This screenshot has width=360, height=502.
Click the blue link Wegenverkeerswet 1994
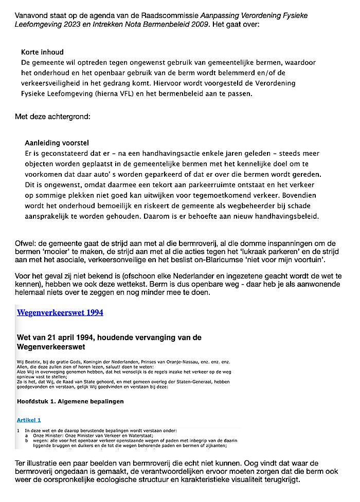[60, 312]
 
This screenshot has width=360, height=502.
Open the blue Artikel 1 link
[29, 420]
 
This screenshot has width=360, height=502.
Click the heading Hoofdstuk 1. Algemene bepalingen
[70, 401]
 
